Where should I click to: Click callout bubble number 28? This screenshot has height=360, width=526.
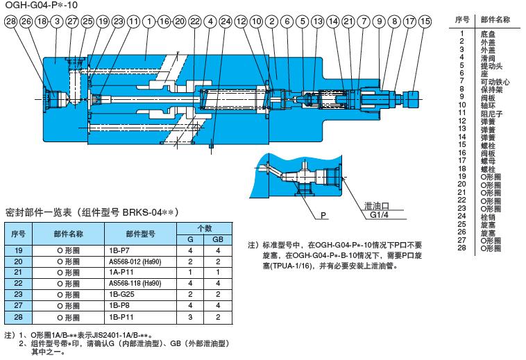10,22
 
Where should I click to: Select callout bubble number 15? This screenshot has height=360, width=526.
425,22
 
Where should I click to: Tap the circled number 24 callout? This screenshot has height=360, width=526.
226,22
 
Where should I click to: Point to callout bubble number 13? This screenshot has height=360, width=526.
318,22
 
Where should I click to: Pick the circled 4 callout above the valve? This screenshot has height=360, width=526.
210,22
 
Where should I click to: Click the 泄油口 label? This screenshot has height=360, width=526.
377,207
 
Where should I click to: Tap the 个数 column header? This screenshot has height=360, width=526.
203,227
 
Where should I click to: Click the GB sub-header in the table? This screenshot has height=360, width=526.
217,238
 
